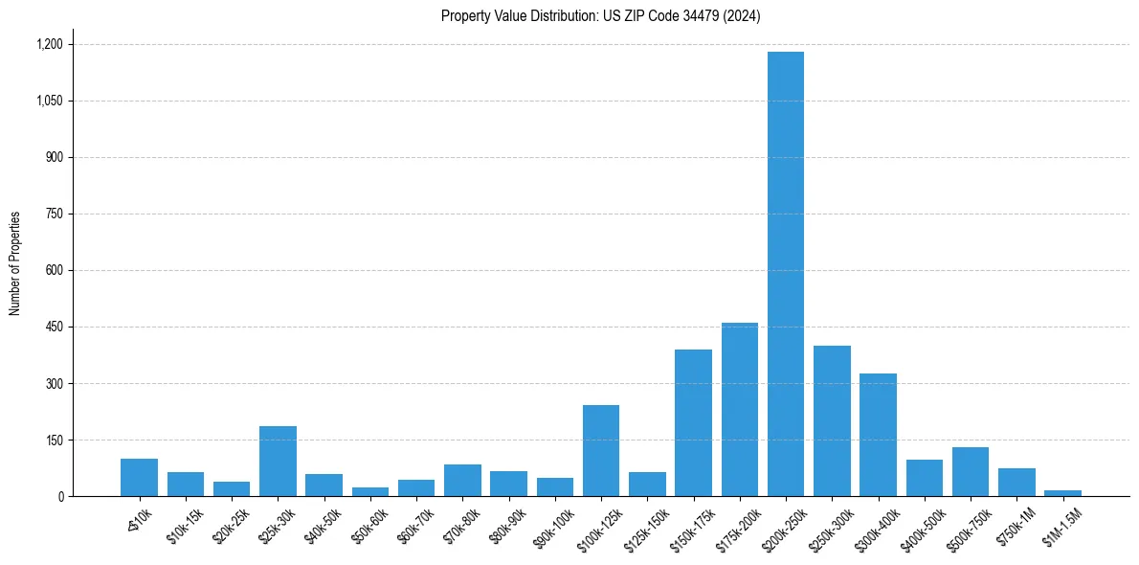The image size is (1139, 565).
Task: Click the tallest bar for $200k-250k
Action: [x=786, y=274]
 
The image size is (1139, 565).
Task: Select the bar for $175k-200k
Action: [x=740, y=410]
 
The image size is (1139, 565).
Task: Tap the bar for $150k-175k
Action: [x=693, y=423]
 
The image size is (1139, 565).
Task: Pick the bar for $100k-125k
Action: [x=601, y=451]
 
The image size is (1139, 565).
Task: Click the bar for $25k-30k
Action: [x=278, y=462]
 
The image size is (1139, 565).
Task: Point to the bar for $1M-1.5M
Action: [x=1062, y=493]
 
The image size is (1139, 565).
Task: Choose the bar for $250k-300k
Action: [x=832, y=421]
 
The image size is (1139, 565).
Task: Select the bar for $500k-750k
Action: [x=971, y=472]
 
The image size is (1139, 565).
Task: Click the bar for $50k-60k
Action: [x=370, y=492]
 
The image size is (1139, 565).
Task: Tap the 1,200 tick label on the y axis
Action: [x=49, y=44]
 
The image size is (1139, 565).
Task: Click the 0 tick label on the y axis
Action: [x=60, y=497]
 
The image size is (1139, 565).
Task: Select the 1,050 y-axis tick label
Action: [x=49, y=101]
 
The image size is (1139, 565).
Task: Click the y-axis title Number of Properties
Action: [x=14, y=263]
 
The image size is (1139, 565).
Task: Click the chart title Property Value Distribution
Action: [x=601, y=15]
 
